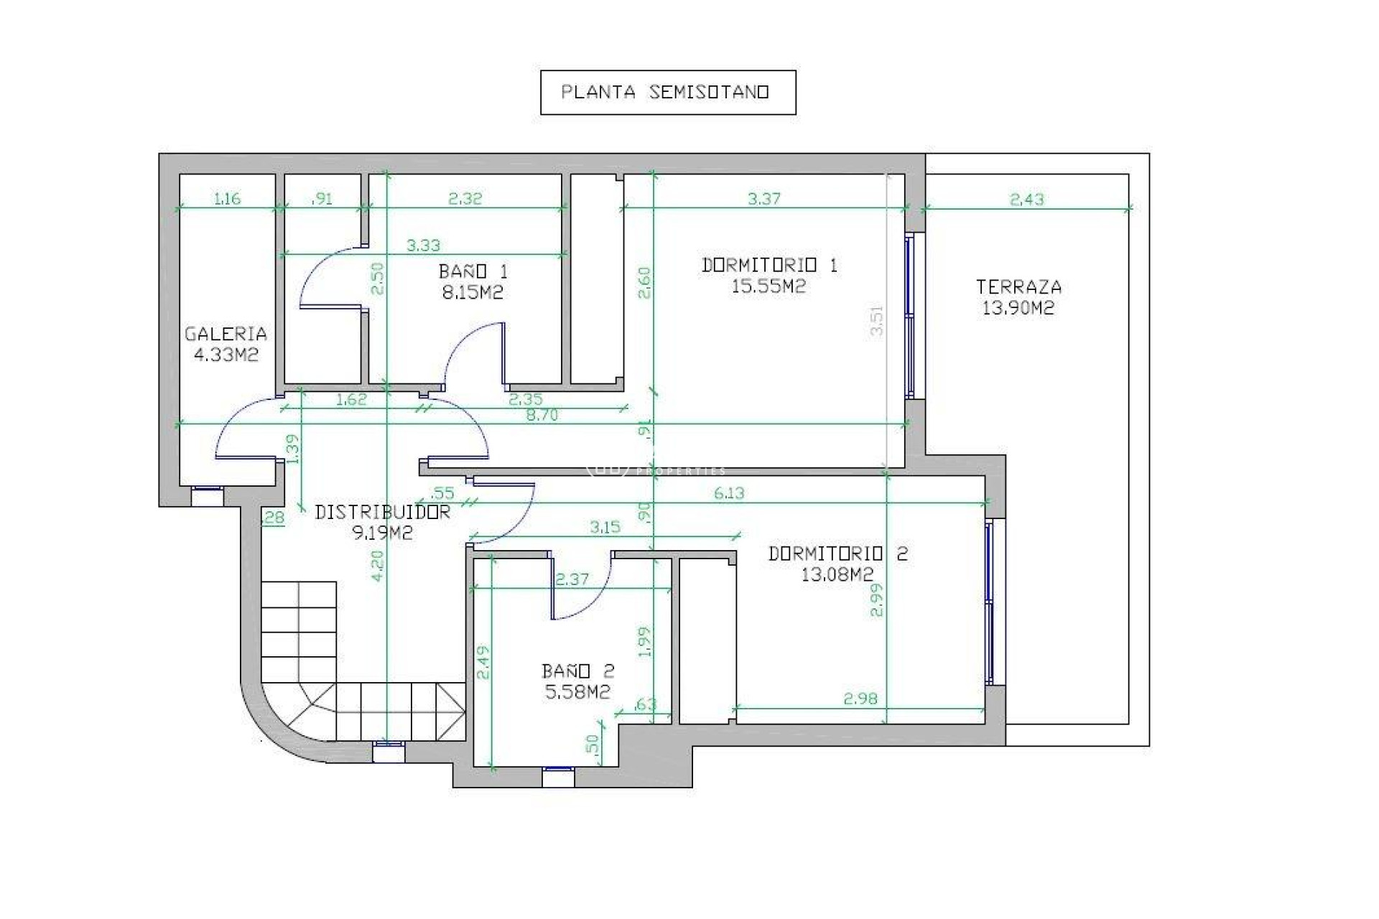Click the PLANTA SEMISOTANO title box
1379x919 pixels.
pos(667,93)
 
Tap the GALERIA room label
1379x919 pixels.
pos(226,334)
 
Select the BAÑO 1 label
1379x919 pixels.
pos(473,271)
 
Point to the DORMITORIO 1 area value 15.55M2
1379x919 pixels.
pos(769,286)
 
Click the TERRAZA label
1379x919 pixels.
pos(1018,287)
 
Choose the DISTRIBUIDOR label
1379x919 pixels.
pos(382,512)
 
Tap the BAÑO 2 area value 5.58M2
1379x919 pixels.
pos(577,691)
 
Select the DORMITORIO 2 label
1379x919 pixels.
pos(837,554)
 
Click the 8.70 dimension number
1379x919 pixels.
pos(542,415)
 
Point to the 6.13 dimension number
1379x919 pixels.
pos(728,493)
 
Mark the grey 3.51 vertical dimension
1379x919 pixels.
pos(876,320)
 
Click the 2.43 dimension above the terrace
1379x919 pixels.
pos(1026,200)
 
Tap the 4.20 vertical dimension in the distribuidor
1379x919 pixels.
pos(379,565)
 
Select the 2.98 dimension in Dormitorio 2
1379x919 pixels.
pos(860,698)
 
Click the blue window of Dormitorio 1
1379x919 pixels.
pos(909,316)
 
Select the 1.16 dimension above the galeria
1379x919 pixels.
pos(227,199)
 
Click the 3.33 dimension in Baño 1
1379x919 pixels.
pos(423,246)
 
